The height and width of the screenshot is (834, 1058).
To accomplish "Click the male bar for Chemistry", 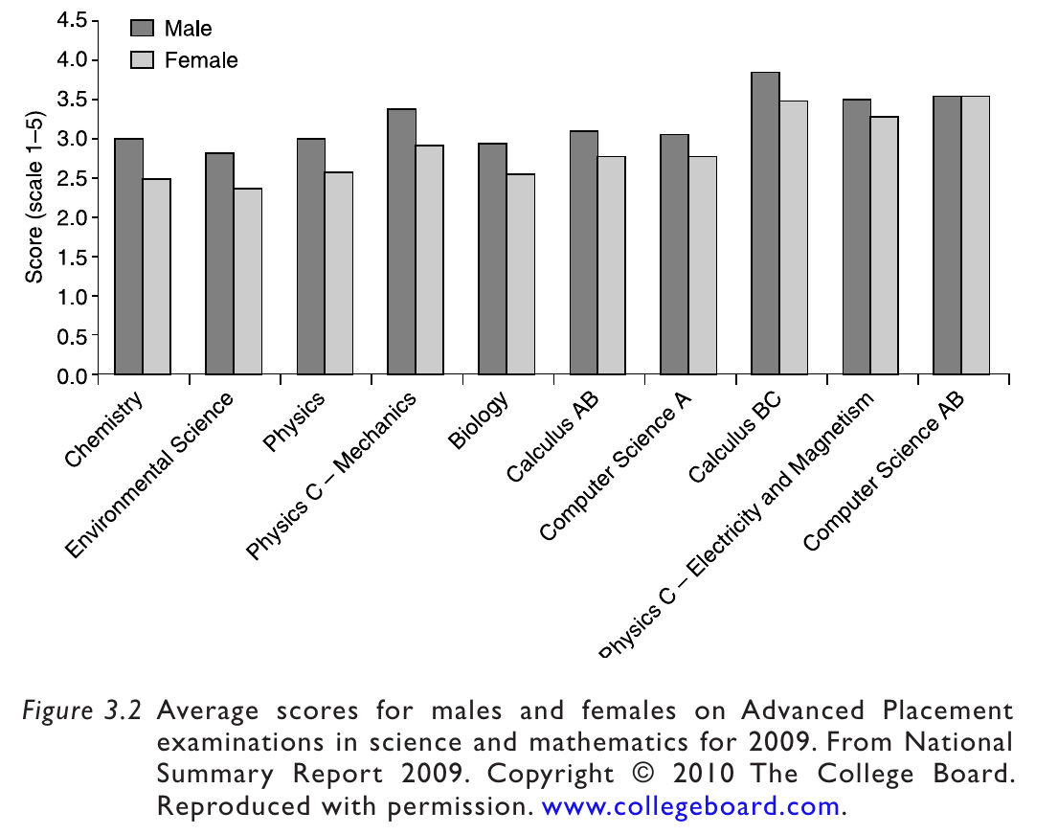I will [129, 257].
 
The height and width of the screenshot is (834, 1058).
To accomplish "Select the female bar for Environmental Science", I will [248, 282].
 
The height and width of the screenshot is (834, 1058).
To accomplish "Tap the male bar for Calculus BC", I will [765, 223].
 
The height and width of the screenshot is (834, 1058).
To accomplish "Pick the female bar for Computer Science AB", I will [976, 236].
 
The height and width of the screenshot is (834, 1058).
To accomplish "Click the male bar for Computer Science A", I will [674, 255].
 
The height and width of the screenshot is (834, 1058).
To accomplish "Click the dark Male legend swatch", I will [142, 28].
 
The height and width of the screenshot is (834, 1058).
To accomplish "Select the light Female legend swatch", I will [142, 59].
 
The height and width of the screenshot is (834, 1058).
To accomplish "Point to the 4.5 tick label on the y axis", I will [70, 21].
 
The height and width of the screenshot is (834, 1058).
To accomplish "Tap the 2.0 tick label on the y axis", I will [70, 217].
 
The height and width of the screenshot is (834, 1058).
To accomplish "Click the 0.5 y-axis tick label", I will [70, 336].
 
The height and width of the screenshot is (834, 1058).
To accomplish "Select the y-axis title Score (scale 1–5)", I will [34, 198].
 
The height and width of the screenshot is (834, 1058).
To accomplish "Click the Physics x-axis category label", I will [294, 420].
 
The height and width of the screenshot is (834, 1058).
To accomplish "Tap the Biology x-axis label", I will [479, 420].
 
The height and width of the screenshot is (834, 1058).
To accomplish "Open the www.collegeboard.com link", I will [690, 806].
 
